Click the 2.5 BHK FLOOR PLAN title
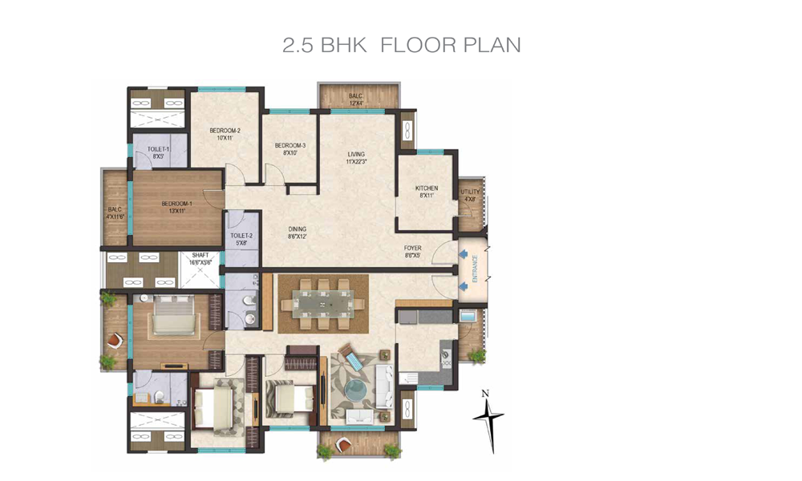[402, 45]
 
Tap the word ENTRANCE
[475, 269]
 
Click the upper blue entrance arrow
[463, 254]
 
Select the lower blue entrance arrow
[463, 285]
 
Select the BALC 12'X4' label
[356, 99]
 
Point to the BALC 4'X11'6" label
[115, 212]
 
